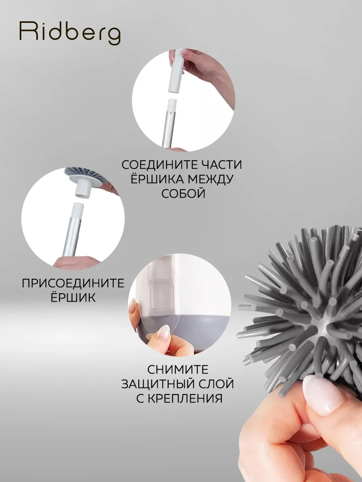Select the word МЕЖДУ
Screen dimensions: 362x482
point(210,179)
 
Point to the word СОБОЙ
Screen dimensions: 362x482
point(183,194)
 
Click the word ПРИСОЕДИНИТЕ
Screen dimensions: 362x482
point(73,283)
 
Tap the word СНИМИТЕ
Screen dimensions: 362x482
point(178,370)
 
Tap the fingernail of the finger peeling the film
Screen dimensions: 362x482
point(165,333)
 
